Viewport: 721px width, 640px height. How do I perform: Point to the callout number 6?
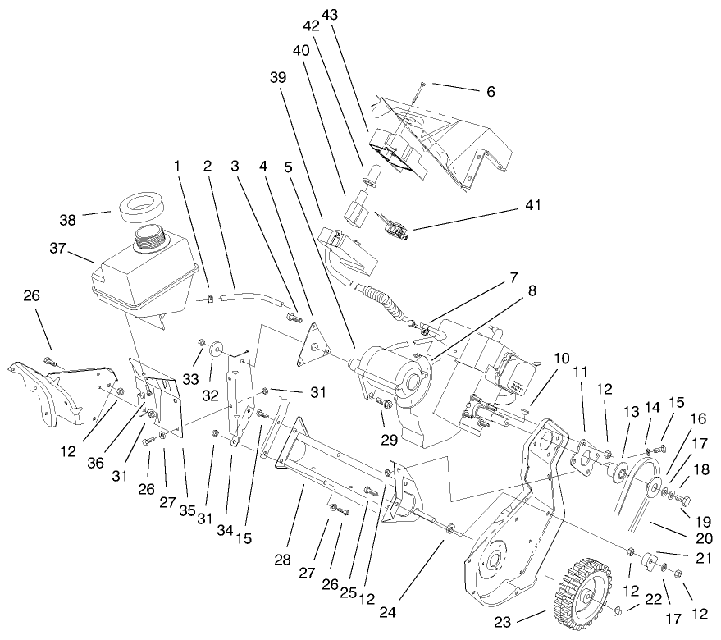(491, 92)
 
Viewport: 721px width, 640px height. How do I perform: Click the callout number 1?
(176, 166)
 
